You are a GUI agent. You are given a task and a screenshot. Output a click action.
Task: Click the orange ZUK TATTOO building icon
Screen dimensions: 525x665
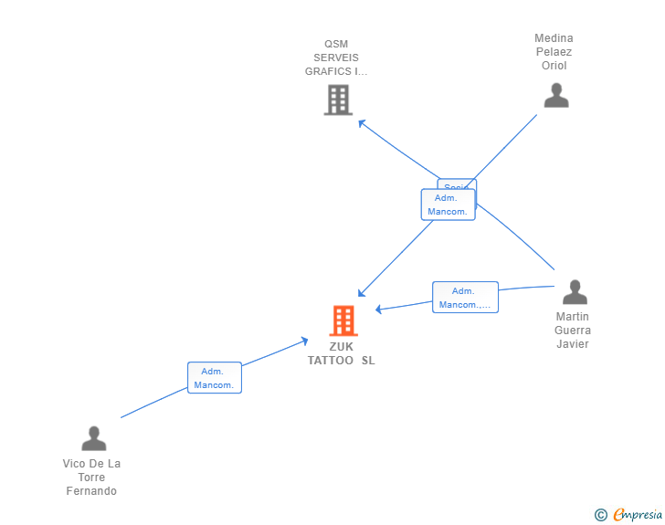pyautogui.click(x=343, y=320)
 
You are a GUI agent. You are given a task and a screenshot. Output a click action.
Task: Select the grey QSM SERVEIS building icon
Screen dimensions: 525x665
pyautogui.click(x=338, y=100)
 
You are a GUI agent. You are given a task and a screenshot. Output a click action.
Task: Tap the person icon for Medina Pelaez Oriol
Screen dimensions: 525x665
pyautogui.click(x=555, y=95)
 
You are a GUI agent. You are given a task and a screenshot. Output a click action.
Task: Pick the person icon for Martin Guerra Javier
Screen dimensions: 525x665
pyautogui.click(x=575, y=292)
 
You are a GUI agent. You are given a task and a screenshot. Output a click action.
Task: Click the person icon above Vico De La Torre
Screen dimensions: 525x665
pyautogui.click(x=93, y=438)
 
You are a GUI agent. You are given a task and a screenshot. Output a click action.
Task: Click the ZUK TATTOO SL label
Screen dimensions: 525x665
pyautogui.click(x=341, y=353)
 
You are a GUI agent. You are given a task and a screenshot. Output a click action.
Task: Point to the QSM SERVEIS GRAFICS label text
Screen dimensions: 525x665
pyautogui.click(x=336, y=58)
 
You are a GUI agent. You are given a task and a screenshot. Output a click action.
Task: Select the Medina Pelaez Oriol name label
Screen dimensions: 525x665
pyautogui.click(x=554, y=52)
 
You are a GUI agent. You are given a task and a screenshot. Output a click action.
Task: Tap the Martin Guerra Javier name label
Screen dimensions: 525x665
pyautogui.click(x=573, y=331)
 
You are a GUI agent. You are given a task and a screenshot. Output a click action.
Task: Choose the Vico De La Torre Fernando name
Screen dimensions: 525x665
pyautogui.click(x=91, y=478)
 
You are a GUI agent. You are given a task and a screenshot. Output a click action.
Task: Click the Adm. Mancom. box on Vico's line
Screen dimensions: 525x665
pyautogui.click(x=215, y=378)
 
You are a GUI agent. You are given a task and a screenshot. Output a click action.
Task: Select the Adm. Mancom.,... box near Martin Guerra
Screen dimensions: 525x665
pyautogui.click(x=465, y=298)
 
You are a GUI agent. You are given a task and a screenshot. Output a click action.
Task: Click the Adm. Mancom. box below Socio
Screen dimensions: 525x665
pyautogui.click(x=447, y=205)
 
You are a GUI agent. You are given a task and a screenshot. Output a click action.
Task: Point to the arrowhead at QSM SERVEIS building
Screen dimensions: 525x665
pyautogui.click(x=360, y=121)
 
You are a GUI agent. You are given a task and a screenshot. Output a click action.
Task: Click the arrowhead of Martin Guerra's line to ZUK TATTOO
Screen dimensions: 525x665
pyautogui.click(x=377, y=309)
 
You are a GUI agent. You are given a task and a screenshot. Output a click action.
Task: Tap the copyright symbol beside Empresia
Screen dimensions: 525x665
pyautogui.click(x=600, y=515)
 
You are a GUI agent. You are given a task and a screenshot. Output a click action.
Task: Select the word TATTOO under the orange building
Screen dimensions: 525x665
pyautogui.click(x=331, y=361)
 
